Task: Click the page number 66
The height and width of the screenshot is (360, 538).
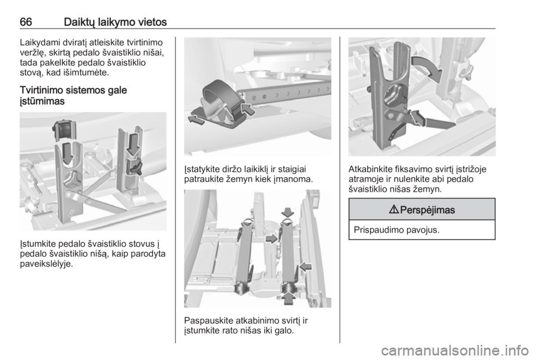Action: (26, 22)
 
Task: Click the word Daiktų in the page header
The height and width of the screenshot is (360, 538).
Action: (79, 22)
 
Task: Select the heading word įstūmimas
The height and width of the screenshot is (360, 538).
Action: (42, 101)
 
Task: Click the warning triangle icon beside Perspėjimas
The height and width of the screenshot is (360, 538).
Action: (394, 210)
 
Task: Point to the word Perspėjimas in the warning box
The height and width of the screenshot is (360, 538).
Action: (428, 210)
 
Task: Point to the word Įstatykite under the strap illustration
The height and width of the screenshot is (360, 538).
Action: (201, 169)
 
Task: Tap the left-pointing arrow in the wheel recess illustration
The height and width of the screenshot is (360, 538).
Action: (305, 266)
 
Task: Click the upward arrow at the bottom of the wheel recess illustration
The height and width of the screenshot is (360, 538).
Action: (288, 297)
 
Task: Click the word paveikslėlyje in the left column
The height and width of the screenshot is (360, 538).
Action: (47, 264)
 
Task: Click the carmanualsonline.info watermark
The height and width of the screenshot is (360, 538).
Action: (458, 350)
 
